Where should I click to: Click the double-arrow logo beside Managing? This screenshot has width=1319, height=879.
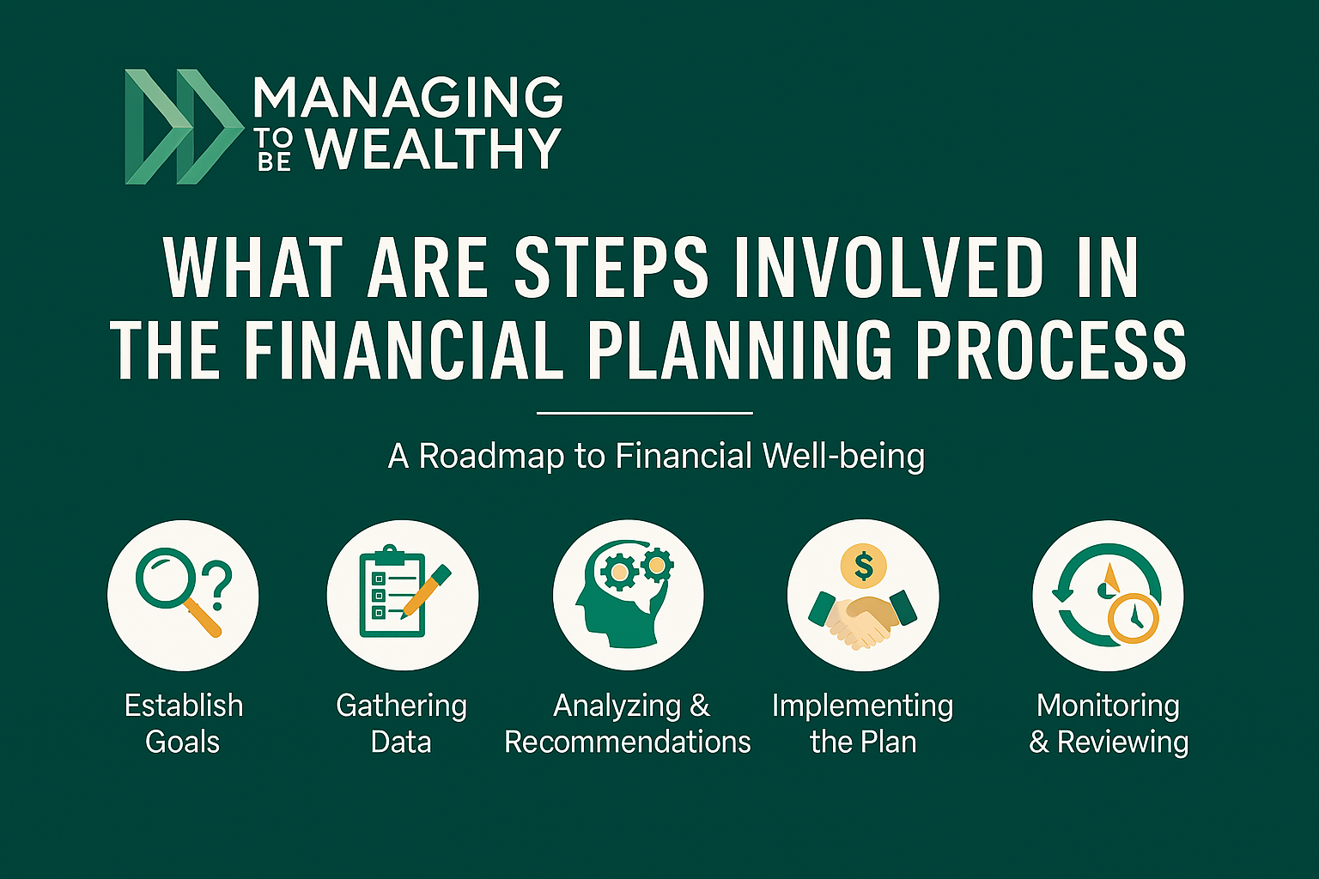pyautogui.click(x=182, y=126)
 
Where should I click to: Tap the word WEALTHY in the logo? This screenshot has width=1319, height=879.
pyautogui.click(x=434, y=149)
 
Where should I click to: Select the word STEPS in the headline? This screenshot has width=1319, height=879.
pyautogui.click(x=611, y=268)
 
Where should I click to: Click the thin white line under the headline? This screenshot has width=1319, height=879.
pyautogui.click(x=644, y=413)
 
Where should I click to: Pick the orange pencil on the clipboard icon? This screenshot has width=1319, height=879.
pyautogui.click(x=427, y=590)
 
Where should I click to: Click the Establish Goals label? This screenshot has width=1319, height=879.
pyautogui.click(x=183, y=723)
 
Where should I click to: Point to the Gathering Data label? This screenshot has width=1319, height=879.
pyautogui.click(x=401, y=723)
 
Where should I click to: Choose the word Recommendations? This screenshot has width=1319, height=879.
pyautogui.click(x=628, y=742)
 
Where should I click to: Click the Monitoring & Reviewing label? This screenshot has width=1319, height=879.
pyautogui.click(x=1109, y=723)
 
